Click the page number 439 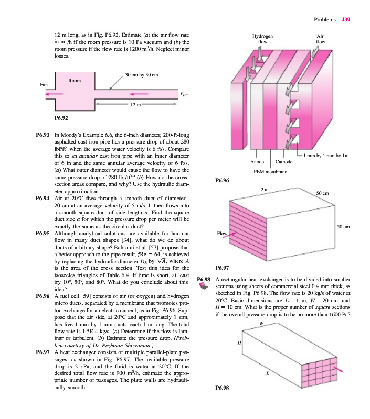coord(345,19)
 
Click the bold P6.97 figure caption coord(223,266)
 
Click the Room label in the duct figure coord(75,81)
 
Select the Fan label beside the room coord(44,84)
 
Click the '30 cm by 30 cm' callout coord(142,76)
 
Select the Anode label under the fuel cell coord(257,162)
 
